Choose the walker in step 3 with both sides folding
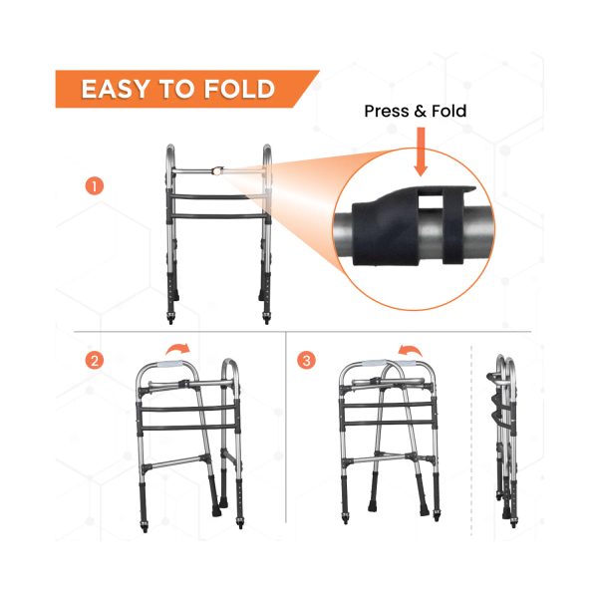coord(389,439)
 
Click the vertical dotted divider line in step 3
coord(470,439)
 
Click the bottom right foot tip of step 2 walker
coord(239,522)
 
